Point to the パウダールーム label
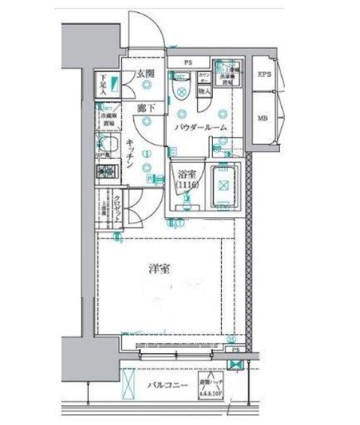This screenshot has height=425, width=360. point(199,127)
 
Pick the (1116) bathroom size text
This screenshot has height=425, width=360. point(186,185)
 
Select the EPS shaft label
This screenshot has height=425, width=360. point(264,74)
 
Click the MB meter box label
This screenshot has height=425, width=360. point(263,118)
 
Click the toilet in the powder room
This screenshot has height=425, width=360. point(181,92)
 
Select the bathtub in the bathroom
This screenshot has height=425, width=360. point(224,184)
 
